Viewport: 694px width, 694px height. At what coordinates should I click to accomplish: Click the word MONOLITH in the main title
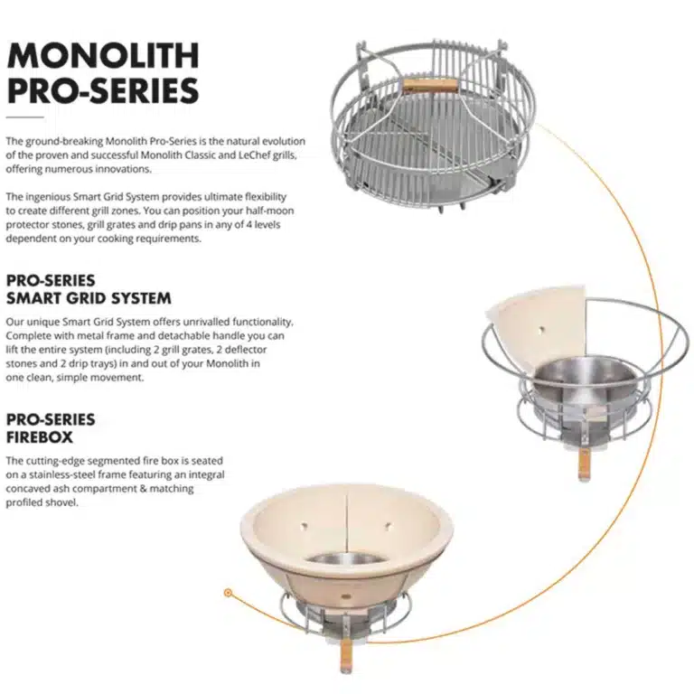(x=102, y=55)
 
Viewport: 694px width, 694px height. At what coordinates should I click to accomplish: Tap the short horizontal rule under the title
(x=25, y=117)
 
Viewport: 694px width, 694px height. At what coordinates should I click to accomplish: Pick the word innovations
(x=123, y=169)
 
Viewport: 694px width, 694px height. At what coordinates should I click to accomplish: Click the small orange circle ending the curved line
(x=228, y=595)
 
